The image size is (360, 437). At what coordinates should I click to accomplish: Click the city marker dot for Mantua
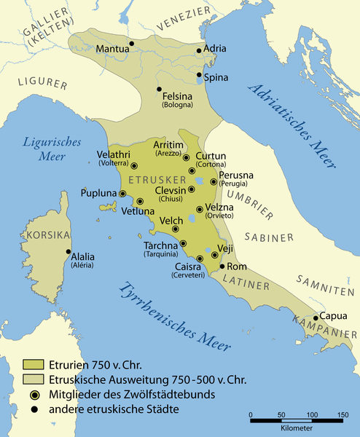pos(131,44)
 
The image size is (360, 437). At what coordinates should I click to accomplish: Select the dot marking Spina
pos(200,75)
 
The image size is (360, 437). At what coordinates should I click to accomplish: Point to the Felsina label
pos(177,96)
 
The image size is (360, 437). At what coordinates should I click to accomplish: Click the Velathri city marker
pos(134,166)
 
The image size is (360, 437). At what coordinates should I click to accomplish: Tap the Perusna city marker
pos(214,182)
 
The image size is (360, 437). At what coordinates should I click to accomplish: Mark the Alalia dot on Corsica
pos(69,253)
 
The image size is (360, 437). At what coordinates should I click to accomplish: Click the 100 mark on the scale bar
pos(312,416)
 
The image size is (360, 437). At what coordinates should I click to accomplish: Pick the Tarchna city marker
pos(183,243)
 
